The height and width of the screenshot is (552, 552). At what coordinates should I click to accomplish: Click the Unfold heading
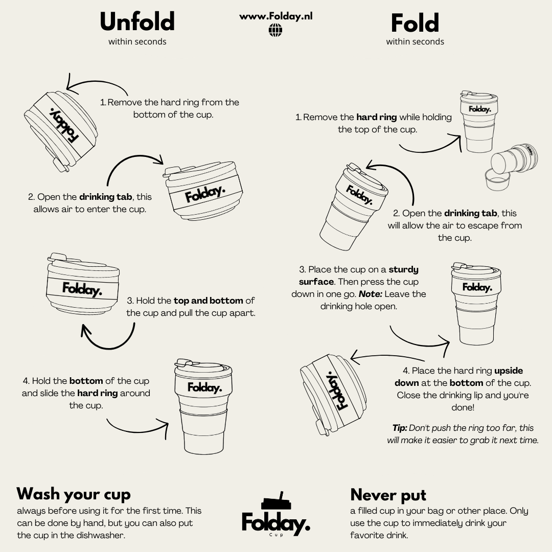[x=137, y=21]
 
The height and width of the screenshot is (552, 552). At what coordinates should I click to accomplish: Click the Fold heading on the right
[x=415, y=23]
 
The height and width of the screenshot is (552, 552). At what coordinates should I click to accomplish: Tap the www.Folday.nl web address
[x=275, y=16]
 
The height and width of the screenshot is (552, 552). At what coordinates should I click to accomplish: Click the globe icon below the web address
[x=275, y=30]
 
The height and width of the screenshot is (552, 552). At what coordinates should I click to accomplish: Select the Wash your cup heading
[x=74, y=494]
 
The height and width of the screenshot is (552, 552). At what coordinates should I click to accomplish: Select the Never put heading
[x=388, y=495]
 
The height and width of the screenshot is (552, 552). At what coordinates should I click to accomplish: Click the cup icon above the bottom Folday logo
[x=277, y=500]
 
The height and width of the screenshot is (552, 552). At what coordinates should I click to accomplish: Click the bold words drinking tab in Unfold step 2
[x=106, y=196]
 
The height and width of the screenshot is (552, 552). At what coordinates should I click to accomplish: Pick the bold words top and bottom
[x=208, y=301]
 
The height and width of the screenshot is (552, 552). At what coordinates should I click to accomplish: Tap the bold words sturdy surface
[x=359, y=275]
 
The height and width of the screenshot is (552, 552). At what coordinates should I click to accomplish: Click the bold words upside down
[x=458, y=377]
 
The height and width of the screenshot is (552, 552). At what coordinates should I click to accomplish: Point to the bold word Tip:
[x=400, y=428]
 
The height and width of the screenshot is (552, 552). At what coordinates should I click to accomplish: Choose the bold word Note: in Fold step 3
[x=371, y=294]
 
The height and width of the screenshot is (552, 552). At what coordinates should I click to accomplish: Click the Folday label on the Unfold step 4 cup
[x=204, y=387]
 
